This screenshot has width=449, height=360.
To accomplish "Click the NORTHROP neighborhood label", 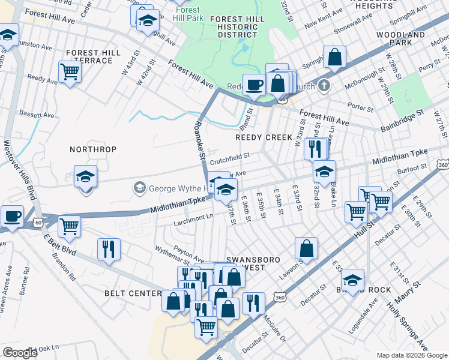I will click(x=92, y=149).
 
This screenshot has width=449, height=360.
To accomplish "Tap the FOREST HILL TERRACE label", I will click(x=94, y=57).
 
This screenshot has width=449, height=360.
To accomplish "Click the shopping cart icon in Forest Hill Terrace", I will click(x=70, y=73).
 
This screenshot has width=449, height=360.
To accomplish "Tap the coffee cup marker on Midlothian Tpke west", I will click(x=11, y=215).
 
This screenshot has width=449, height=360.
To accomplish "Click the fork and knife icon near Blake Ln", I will click(x=315, y=148).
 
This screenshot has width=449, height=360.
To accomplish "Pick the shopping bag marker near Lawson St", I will click(x=306, y=248).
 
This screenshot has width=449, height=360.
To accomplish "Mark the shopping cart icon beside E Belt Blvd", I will click(x=70, y=227).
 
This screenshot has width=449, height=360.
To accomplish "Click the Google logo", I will click(x=20, y=352).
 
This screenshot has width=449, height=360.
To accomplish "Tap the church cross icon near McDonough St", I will click(x=324, y=85).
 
